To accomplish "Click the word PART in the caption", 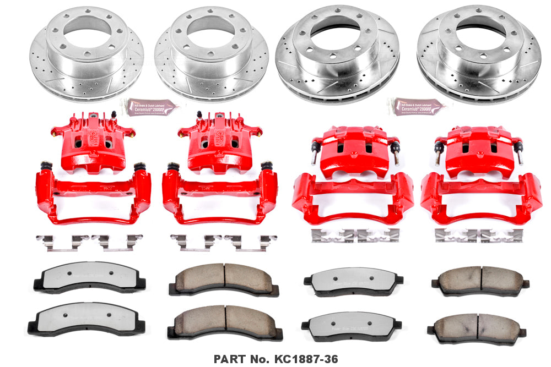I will tap(230, 358).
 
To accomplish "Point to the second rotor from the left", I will tap(211, 52).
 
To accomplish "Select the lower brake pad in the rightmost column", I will tap(477, 327).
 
